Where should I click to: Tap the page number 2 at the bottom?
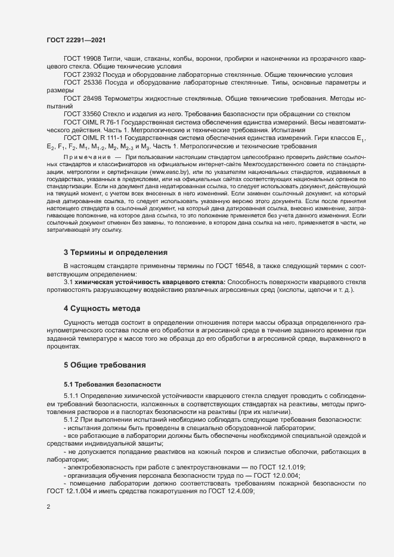48,508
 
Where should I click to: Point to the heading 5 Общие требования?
105,364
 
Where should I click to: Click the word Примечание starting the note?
83,155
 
